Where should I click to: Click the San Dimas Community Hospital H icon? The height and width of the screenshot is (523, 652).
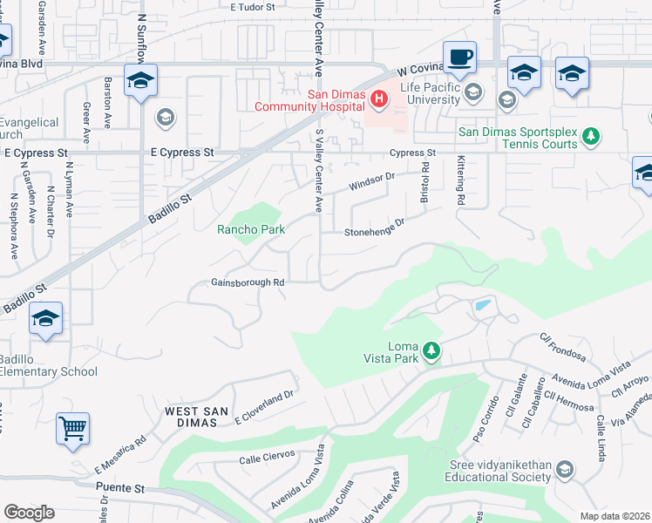(x=378, y=99)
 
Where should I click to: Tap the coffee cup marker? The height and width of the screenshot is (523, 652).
(x=459, y=58)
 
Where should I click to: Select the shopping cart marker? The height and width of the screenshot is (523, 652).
(x=73, y=428)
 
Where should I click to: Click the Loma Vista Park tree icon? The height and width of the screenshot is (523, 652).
(x=431, y=351)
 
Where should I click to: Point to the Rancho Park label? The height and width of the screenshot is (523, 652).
(x=251, y=230)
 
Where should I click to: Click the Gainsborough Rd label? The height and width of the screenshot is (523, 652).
(x=248, y=282)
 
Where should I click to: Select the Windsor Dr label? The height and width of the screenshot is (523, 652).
(x=372, y=182)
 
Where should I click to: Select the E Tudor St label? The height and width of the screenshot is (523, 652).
(x=253, y=7)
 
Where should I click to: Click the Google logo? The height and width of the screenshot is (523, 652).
(x=29, y=513)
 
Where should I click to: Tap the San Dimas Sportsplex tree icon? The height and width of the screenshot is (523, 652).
(x=591, y=135)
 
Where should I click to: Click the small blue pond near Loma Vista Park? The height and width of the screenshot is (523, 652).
(x=480, y=306)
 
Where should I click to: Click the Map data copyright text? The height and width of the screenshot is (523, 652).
(x=616, y=516)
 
